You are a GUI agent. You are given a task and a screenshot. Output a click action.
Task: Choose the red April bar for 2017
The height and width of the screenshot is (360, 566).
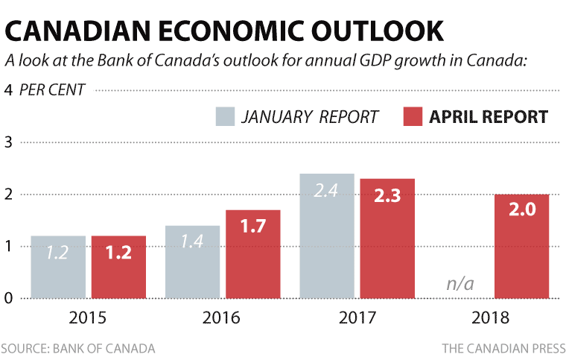pos(387,239)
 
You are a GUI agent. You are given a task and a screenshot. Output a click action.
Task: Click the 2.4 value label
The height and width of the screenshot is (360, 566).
pos(327,192)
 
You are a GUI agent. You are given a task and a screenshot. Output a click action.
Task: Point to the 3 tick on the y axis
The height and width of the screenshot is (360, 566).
pos(9,142)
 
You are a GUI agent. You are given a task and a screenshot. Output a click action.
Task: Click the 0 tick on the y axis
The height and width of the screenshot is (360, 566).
pos(9,298)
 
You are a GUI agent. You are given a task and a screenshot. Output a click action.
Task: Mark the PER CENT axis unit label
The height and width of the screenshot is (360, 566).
pos(52,90)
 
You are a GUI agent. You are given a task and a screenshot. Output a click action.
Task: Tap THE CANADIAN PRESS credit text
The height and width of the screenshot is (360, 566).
pos(503,348)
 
